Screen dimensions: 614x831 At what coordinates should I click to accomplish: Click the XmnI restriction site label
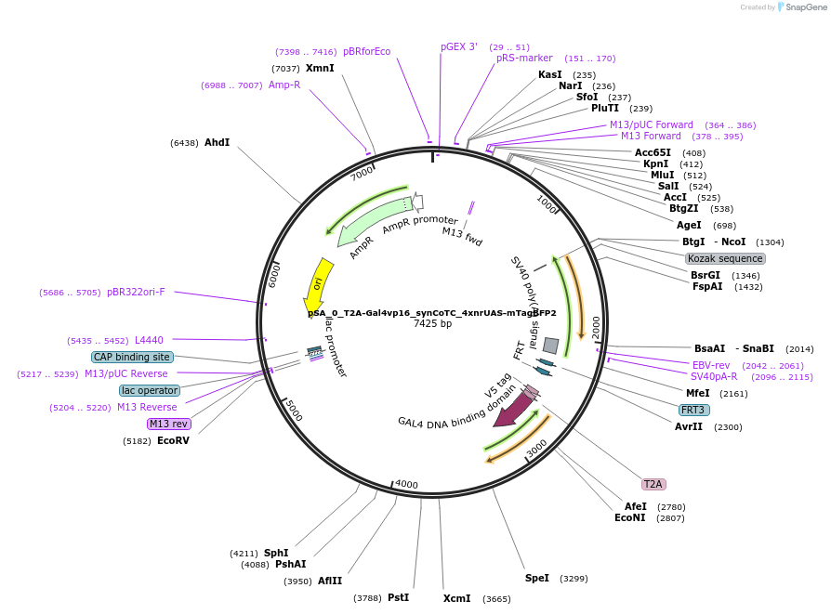(320, 69)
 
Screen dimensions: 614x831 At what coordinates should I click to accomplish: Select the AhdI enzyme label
(217, 142)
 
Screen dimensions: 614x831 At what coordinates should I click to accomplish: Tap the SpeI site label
(537, 578)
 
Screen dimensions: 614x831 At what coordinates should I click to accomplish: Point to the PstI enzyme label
(398, 597)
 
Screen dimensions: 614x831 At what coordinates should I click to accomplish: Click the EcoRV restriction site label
(173, 440)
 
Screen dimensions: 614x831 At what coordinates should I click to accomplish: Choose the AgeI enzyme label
(689, 225)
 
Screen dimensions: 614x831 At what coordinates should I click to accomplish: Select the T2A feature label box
(653, 484)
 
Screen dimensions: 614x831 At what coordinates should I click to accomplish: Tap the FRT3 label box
(693, 410)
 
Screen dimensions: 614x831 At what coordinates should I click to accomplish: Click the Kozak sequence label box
(725, 258)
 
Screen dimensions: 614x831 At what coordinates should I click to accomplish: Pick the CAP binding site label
(132, 357)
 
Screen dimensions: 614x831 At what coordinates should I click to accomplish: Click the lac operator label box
(149, 390)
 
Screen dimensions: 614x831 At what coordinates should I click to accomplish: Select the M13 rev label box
(168, 424)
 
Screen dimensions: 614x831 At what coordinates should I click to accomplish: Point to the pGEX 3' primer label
(459, 46)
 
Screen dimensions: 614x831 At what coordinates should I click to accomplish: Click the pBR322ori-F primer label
(136, 292)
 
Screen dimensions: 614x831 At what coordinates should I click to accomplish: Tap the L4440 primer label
(149, 340)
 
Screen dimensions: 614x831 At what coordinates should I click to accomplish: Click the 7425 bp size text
(432, 324)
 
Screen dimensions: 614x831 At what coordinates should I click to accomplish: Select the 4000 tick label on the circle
(407, 484)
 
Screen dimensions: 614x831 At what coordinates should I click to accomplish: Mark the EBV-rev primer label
(711, 365)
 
